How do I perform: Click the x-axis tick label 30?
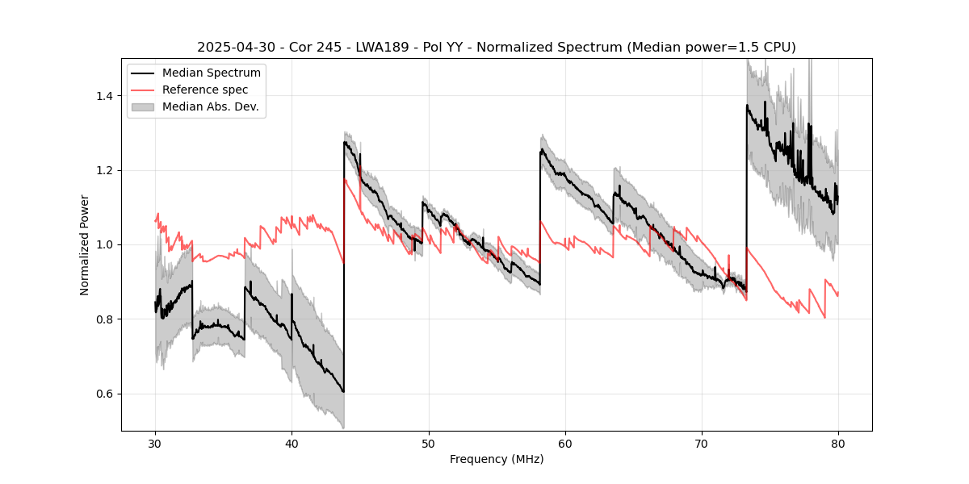click(x=155, y=444)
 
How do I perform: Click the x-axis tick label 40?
click(x=292, y=444)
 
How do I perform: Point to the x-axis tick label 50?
click(x=428, y=444)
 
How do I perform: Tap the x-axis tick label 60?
click(x=565, y=444)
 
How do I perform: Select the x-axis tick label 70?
click(x=702, y=444)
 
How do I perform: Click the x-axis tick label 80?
click(x=838, y=444)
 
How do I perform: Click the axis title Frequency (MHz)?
click(x=497, y=459)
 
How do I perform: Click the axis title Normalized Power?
click(x=84, y=244)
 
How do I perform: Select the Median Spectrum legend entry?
click(x=211, y=73)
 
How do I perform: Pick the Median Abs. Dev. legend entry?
click(x=210, y=106)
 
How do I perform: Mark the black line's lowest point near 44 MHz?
click(x=343, y=392)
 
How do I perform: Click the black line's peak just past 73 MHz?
click(x=747, y=105)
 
